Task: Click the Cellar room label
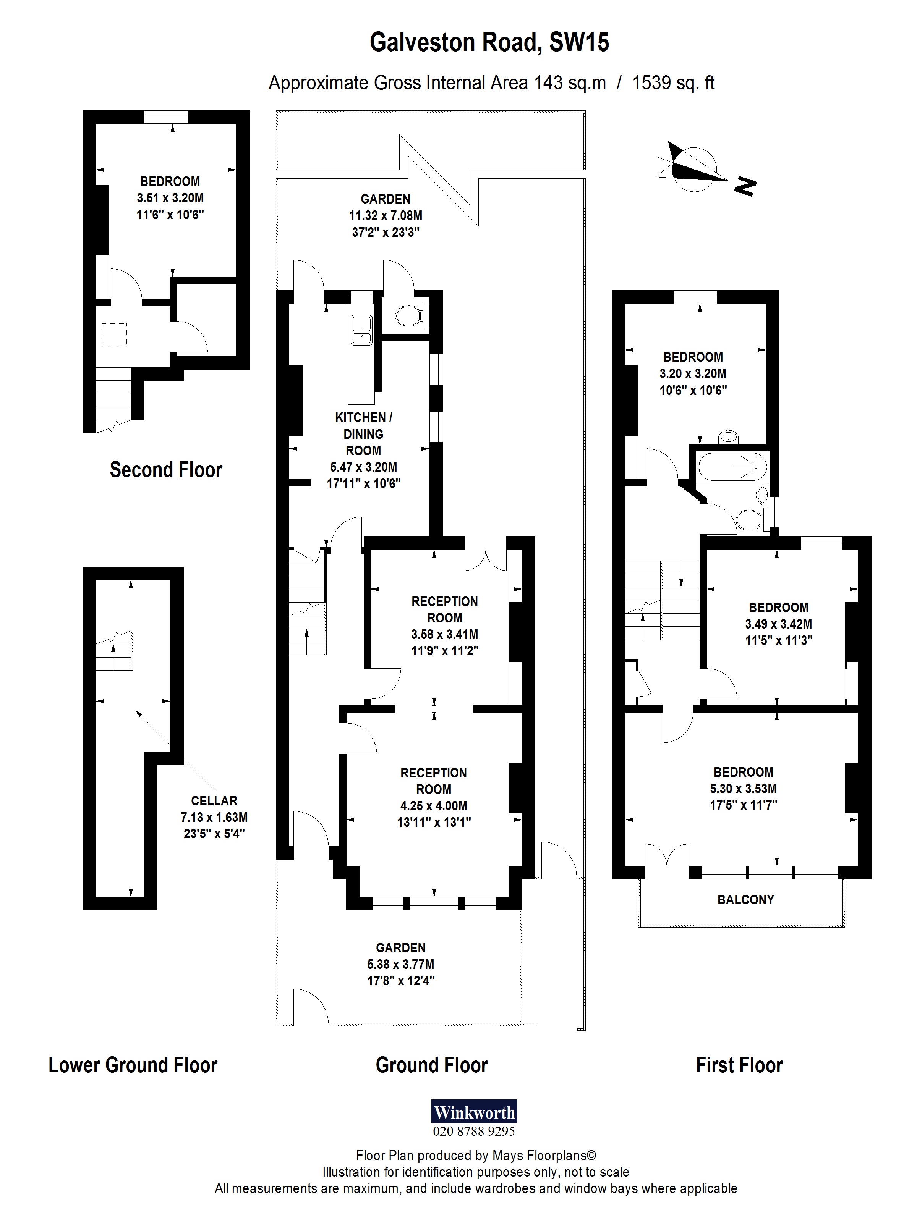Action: pyautogui.click(x=214, y=800)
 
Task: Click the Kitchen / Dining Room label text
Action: pyautogui.click(x=363, y=434)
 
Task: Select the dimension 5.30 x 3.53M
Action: pyautogui.click(x=744, y=788)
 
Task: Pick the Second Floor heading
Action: pyautogui.click(x=166, y=470)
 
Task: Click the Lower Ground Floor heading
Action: pyautogui.click(x=133, y=1065)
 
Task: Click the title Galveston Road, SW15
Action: pyautogui.click(x=489, y=42)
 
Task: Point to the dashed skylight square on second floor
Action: pyautogui.click(x=114, y=335)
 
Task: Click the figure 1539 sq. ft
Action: pyautogui.click(x=673, y=83)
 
